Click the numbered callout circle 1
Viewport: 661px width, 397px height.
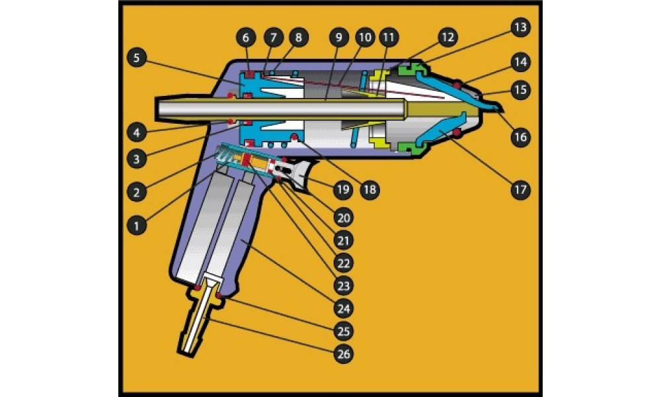pos(136,225)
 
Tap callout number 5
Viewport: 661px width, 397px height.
pos(136,58)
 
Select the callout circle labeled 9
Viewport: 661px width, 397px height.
pos(338,38)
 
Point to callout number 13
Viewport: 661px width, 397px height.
pos(520,27)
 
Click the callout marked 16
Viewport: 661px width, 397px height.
pos(520,137)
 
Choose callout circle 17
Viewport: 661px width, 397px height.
pos(520,190)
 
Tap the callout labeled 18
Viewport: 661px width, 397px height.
pos(368,190)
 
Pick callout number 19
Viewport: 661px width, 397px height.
pos(343,190)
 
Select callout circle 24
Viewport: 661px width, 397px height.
pos(343,308)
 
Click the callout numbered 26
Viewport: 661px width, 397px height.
pos(343,355)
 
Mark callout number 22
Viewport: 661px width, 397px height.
pos(343,263)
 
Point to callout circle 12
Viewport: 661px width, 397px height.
pos(447,38)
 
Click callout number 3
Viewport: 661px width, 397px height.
pos(136,159)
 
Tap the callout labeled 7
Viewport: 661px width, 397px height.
pos(272,38)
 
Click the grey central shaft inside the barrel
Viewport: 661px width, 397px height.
pos(278,107)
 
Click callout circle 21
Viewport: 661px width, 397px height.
pos(343,240)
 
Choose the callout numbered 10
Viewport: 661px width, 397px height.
pos(364,38)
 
